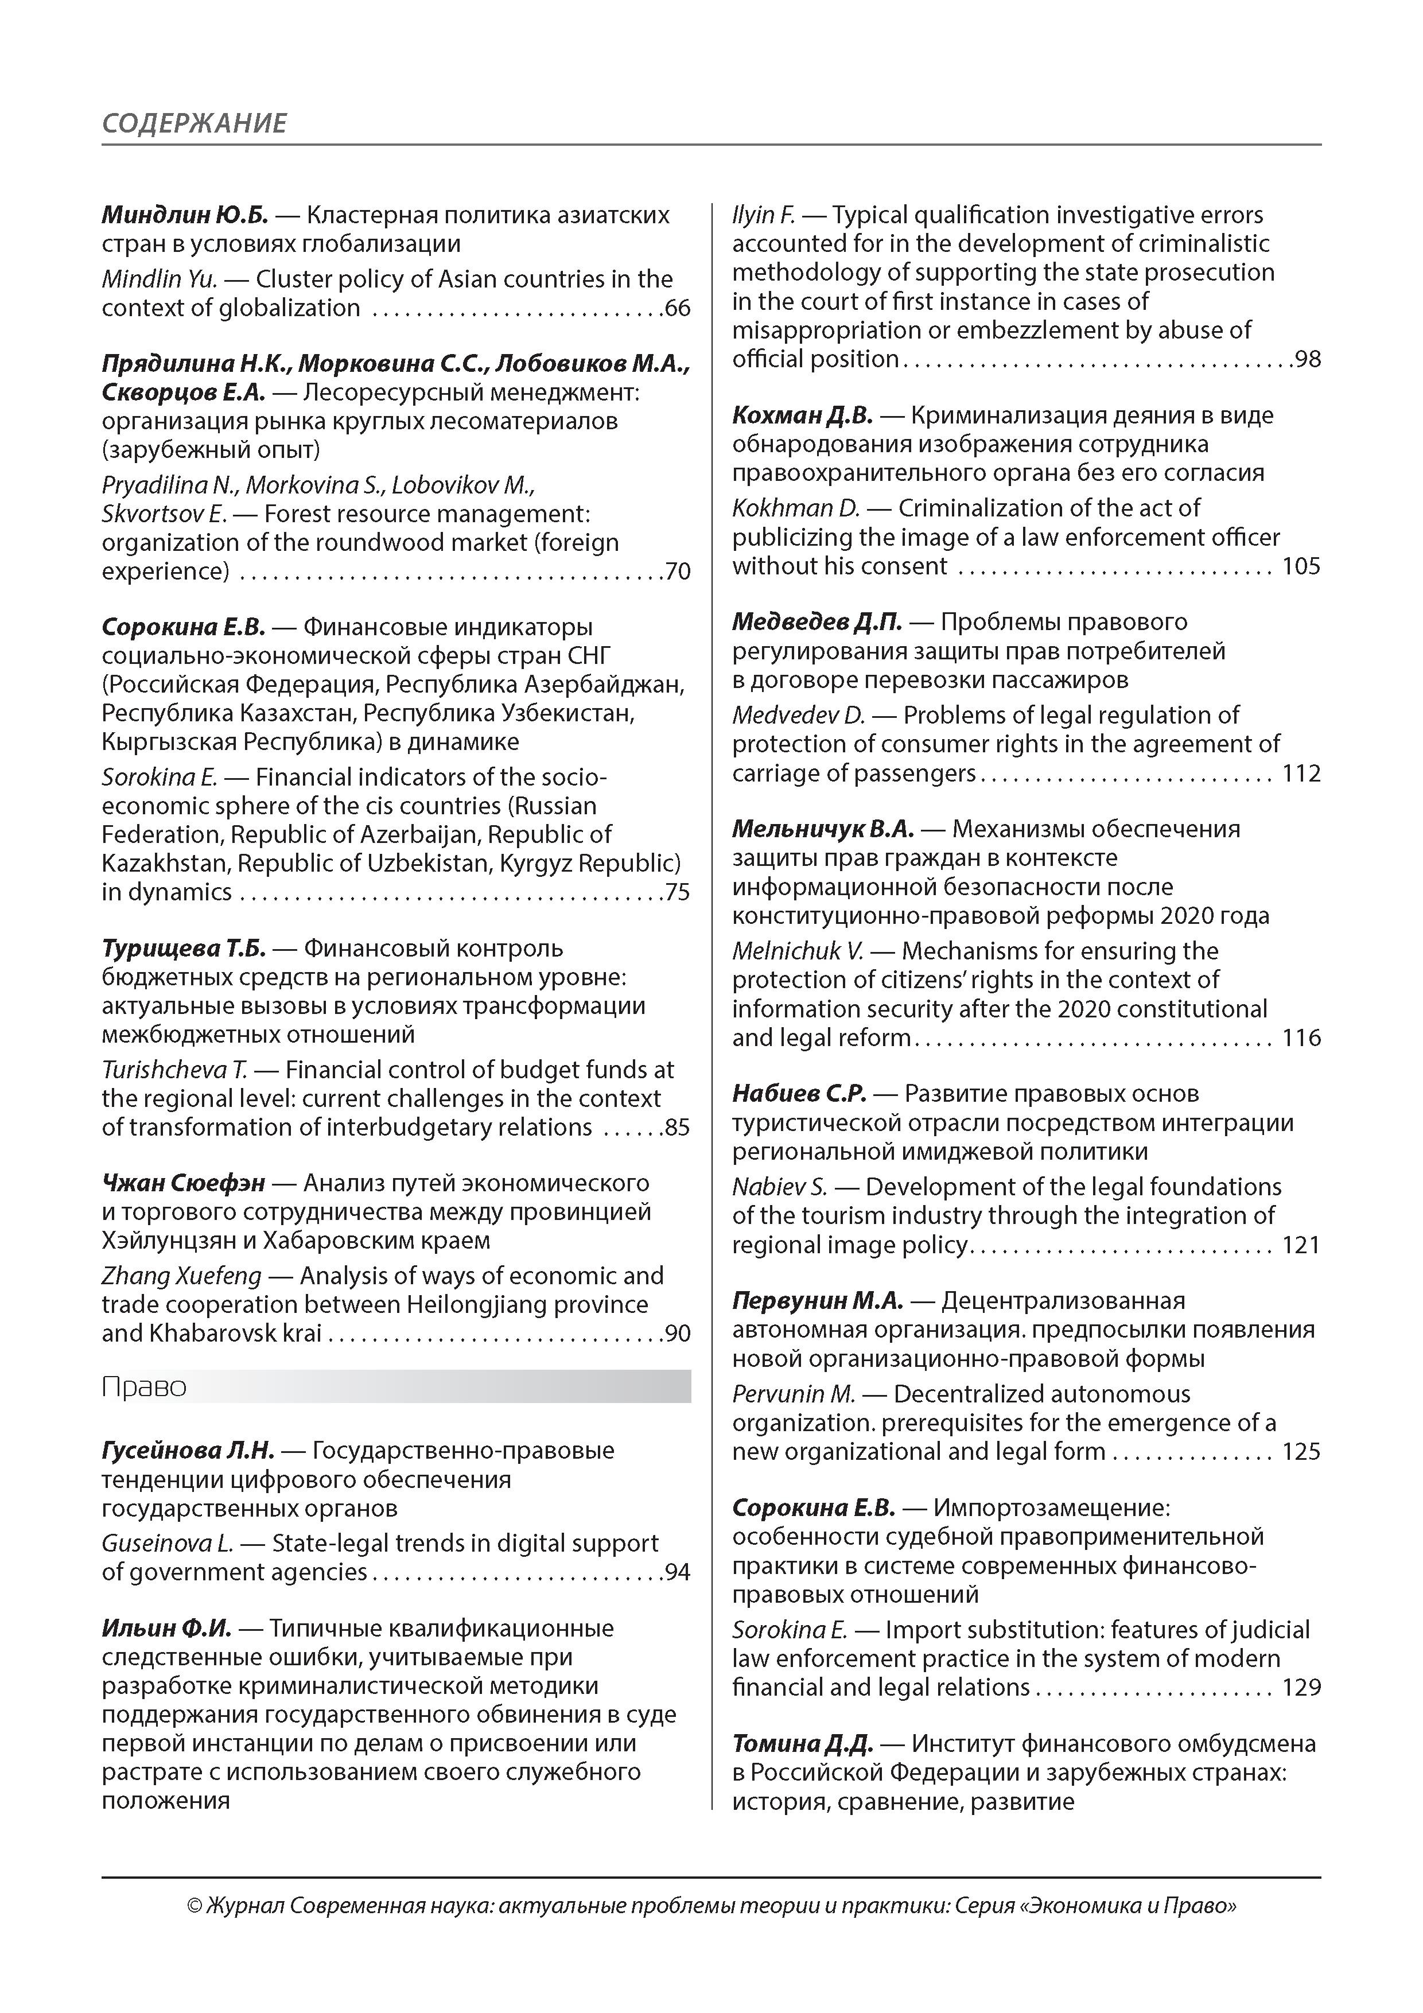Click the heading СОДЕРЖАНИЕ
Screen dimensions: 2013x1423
(194, 123)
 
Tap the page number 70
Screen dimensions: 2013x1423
(678, 572)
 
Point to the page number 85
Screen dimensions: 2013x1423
(678, 1128)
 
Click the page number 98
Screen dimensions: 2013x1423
(1307, 359)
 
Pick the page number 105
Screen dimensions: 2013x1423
(1301, 566)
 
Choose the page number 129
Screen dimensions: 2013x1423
(1301, 1688)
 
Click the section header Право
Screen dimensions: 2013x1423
(144, 1387)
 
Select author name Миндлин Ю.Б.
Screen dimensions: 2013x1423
(184, 215)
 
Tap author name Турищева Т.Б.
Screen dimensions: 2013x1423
(183, 949)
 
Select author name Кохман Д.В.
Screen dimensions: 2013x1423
(802, 415)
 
